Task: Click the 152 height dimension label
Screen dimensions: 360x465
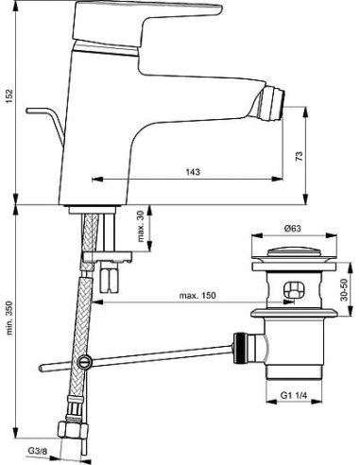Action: coord(9,97)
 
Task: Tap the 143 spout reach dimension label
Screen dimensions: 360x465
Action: coord(193,172)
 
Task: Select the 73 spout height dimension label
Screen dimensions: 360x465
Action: coord(300,156)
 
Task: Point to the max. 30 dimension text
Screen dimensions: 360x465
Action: coord(141,226)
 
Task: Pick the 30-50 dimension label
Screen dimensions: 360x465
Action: coord(345,289)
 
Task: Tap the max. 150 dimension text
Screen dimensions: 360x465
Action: coord(197,295)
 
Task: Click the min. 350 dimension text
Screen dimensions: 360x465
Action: coord(9,318)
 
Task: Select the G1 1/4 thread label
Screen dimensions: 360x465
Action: coord(294,395)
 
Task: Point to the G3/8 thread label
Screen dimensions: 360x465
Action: coord(38,451)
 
